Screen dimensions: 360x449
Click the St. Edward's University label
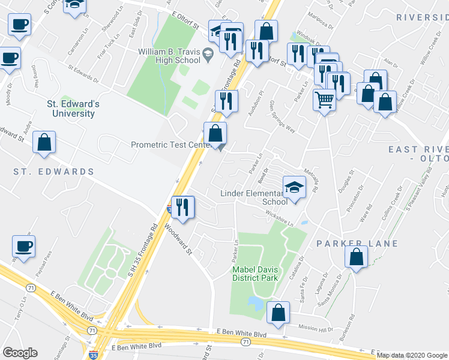coord(73,109)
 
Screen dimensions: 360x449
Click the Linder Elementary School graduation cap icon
coord(294,187)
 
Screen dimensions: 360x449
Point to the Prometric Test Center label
coord(169,145)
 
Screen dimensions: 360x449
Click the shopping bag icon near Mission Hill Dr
coord(278,313)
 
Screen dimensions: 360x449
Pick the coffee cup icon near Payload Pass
coord(23,246)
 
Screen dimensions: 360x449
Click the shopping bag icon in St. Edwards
coord(44,142)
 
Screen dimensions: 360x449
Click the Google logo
coord(20,353)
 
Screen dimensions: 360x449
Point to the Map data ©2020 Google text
coord(412,355)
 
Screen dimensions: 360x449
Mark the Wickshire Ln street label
coord(282,221)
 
